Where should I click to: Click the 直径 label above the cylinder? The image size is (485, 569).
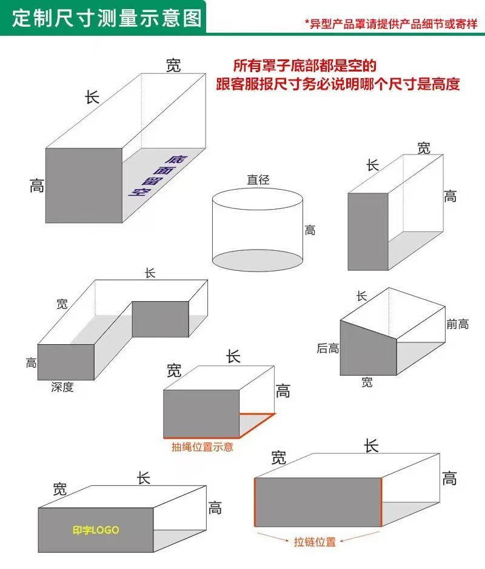point(258,179)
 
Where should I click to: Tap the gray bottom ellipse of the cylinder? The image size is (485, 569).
point(257,260)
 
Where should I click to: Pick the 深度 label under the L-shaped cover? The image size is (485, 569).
point(62,387)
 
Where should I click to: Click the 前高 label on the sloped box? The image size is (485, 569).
point(457,324)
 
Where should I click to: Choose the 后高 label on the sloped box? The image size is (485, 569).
point(327,348)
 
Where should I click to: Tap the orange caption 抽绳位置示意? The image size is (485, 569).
point(202,447)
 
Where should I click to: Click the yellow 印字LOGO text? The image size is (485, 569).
point(96,530)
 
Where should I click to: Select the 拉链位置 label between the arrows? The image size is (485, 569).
point(315,542)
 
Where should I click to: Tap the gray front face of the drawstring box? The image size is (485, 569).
point(201,413)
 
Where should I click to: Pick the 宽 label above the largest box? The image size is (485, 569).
point(173,66)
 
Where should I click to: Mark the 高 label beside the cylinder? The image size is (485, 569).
point(310,230)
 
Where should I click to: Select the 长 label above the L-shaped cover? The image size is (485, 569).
point(150,273)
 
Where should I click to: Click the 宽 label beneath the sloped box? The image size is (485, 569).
point(367,382)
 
